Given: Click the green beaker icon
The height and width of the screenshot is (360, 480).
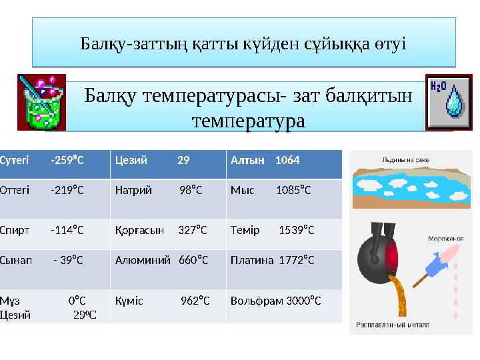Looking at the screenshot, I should (x=41, y=101).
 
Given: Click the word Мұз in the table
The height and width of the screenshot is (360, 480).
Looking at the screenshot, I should (x=10, y=301).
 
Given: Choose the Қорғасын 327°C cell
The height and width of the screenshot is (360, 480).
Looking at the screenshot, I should (x=167, y=231).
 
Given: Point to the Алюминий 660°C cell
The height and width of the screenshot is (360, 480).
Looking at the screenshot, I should (x=167, y=260).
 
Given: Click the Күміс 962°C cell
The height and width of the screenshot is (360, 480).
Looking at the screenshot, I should (x=167, y=301).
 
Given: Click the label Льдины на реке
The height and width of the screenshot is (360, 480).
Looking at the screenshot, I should (x=405, y=160).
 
